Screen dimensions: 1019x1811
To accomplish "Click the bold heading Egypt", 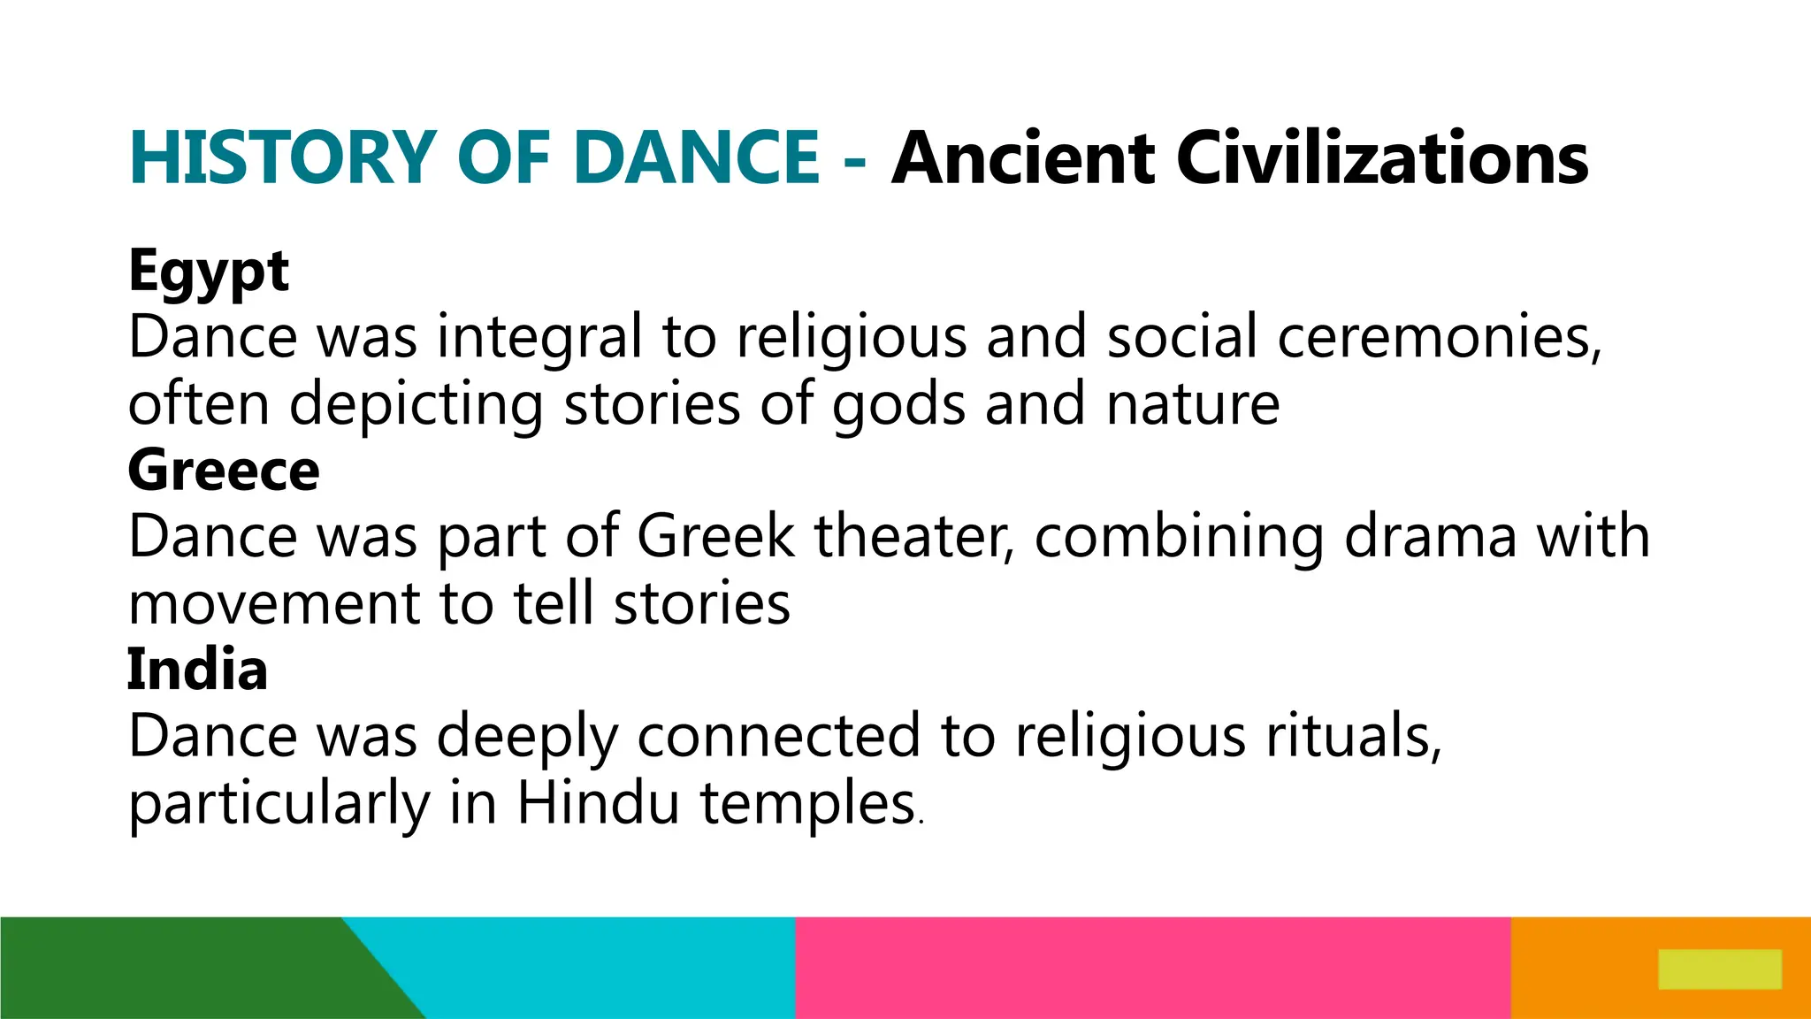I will click(209, 271).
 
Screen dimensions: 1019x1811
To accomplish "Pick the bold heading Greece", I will click(224, 470).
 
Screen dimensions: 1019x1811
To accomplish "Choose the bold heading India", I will click(197, 670).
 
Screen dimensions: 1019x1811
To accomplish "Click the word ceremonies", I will click(1439, 338).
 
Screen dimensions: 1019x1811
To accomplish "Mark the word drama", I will click(1430, 537).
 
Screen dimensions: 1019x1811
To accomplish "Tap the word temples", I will click(808, 804).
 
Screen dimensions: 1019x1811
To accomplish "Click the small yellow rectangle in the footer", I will click(1719, 969).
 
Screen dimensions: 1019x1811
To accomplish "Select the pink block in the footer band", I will click(1152, 968).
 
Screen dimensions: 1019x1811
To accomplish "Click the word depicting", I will click(416, 405).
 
